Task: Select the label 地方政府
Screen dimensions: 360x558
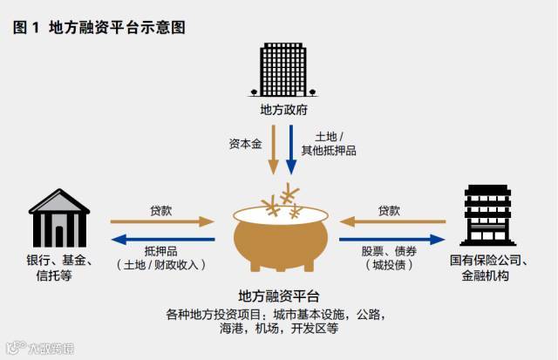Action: click(x=283, y=110)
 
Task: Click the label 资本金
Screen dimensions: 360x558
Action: click(x=244, y=143)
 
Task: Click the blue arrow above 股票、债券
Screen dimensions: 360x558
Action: click(x=391, y=238)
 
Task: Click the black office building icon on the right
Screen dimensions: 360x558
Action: click(x=486, y=214)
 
